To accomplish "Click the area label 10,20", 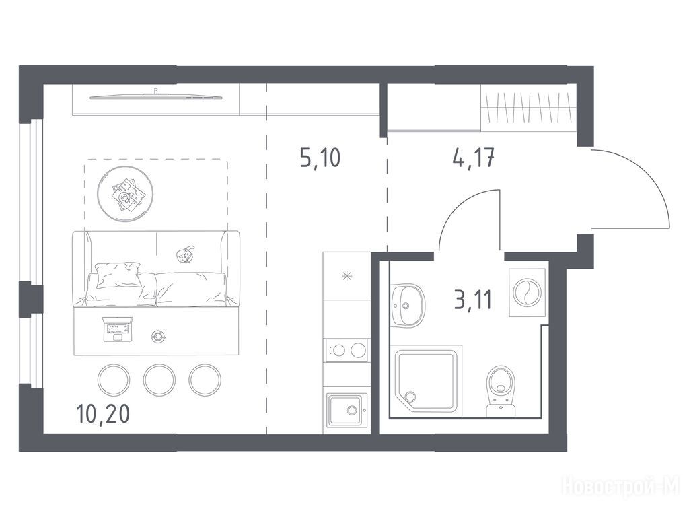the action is (103, 414).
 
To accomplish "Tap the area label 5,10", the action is (320, 158).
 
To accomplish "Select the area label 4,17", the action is (473, 158).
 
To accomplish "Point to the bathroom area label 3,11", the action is (473, 300).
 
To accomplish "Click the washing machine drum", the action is (527, 292).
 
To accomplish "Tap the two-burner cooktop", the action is (347, 350).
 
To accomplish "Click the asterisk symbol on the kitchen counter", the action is (347, 277).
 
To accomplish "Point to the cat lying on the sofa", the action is (186, 254).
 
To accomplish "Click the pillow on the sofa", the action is (118, 275).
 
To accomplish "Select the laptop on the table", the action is (117, 329).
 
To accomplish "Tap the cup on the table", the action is (157, 337).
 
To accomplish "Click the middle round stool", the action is (159, 379).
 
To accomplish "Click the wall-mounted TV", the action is (156, 96).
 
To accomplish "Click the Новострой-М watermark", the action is (621, 487).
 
